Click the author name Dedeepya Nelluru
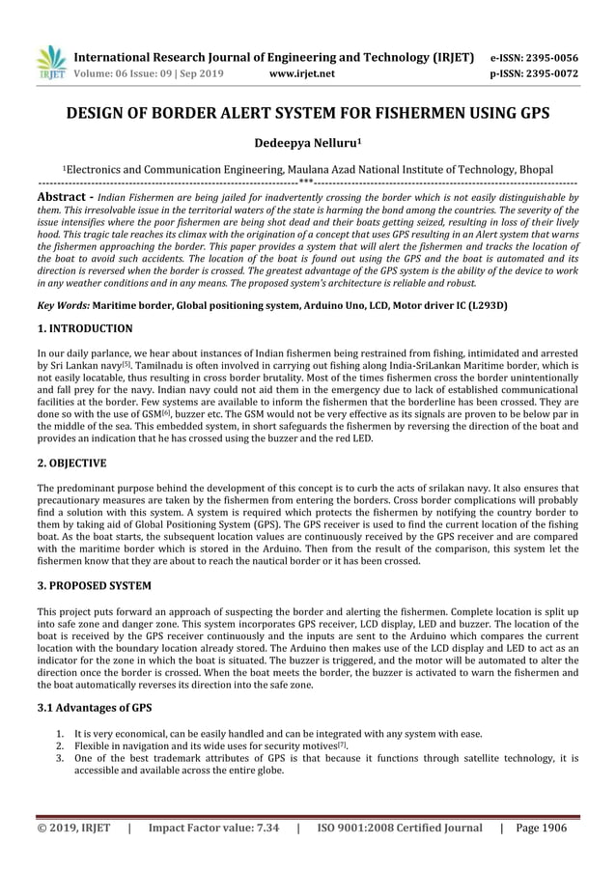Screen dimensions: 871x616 pyautogui.click(x=307, y=142)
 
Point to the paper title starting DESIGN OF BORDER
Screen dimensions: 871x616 pyautogui.click(x=308, y=113)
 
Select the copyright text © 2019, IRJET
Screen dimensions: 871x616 pyautogui.click(x=73, y=828)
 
